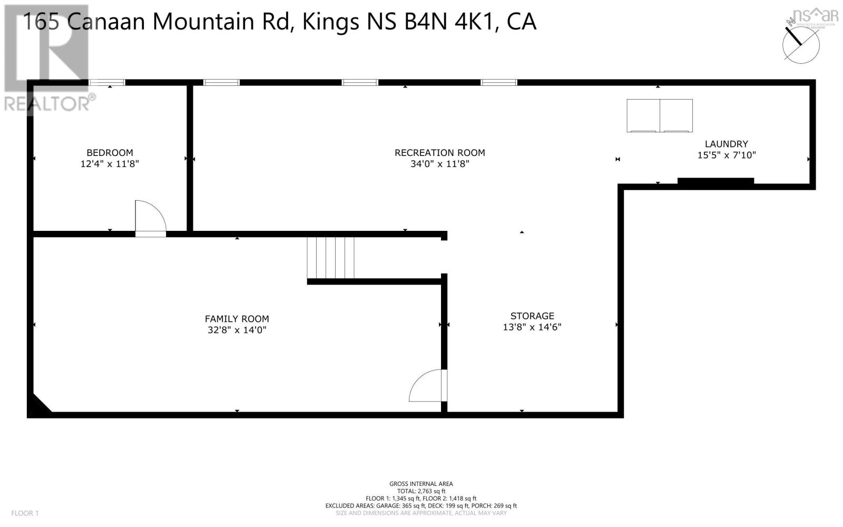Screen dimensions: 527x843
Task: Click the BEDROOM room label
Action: pos(110,153)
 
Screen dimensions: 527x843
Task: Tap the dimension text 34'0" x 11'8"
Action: pos(439,164)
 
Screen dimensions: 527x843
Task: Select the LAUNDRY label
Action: pos(726,144)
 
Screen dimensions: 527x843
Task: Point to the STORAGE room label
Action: pos(532,316)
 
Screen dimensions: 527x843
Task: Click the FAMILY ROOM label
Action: pos(237,319)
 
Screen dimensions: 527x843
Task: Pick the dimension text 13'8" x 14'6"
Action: pos(532,327)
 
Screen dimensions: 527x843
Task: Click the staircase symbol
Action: pos(331,258)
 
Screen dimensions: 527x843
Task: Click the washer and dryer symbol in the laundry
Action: pos(659,115)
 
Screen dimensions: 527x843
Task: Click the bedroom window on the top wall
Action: pos(107,82)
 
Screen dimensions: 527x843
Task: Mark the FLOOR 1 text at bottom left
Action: pos(25,513)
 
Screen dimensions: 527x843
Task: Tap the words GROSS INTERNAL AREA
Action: pos(421,484)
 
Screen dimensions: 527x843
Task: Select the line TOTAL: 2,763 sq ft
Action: pos(421,491)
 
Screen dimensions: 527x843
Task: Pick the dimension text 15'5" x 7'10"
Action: pos(726,155)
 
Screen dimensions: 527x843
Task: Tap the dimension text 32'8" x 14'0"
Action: pos(237,330)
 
